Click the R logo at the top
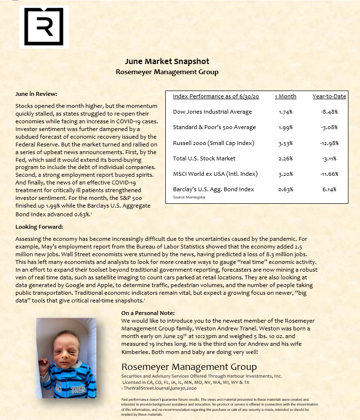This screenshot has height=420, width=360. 44,27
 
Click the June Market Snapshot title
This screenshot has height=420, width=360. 167,62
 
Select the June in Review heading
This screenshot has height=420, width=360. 36,94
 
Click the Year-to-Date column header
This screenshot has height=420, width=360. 329,96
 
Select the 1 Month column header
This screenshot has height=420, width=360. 285,96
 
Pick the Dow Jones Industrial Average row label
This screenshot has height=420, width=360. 212,112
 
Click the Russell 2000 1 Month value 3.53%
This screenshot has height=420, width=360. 285,143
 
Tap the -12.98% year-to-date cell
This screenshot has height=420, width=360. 329,143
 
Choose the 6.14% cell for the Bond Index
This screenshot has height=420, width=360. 329,189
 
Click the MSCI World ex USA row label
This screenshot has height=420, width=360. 215,174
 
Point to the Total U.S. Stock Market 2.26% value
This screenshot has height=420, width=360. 285,158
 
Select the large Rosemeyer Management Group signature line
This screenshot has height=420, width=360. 189,367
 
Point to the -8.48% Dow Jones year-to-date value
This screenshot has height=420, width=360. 329,112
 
